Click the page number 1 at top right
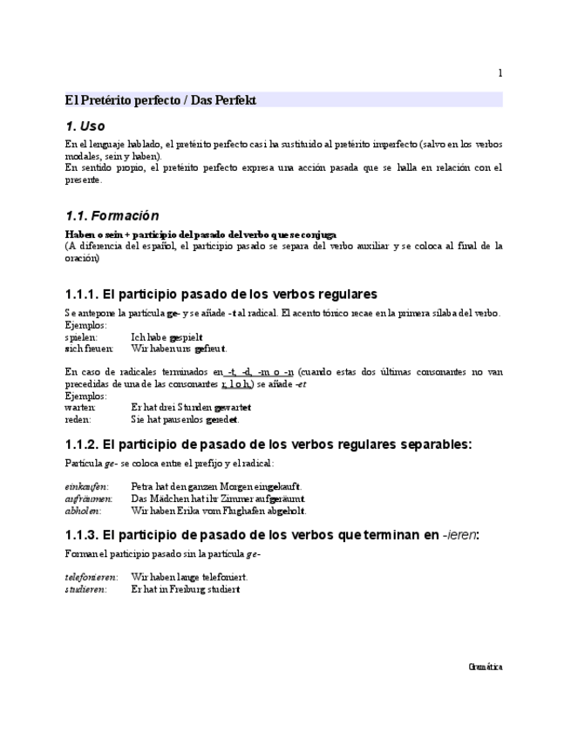point(500,73)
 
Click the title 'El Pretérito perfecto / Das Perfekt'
point(161,100)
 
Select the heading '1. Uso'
point(85,126)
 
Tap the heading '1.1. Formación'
point(112,215)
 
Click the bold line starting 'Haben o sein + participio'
point(201,234)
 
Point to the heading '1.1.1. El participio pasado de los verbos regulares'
point(221,294)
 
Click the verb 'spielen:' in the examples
point(81,336)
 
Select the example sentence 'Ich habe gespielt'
point(167,336)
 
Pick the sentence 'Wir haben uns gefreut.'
point(179,348)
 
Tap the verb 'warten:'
point(80,407)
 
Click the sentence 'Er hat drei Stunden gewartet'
point(191,407)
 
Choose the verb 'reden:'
point(78,418)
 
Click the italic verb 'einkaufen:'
point(86,486)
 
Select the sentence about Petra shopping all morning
point(216,486)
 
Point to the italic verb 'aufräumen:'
point(89,498)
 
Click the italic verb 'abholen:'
point(83,511)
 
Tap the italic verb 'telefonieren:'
point(92,577)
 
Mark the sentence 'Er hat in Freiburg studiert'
point(186,589)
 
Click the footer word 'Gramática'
point(486,667)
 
